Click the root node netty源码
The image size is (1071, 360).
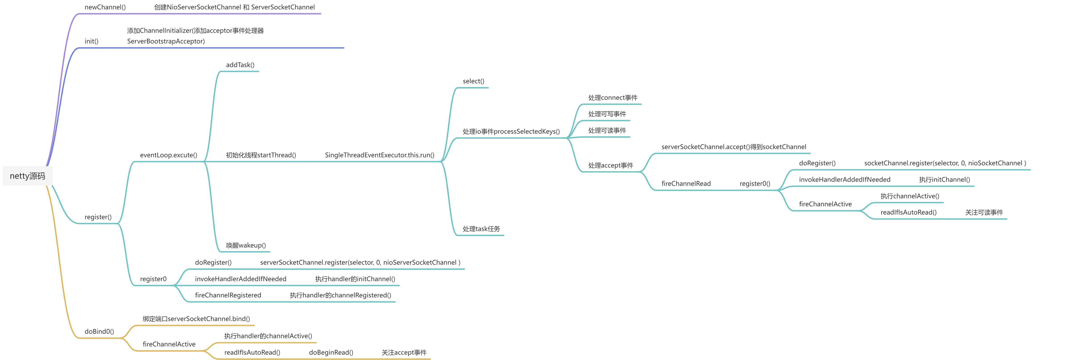(27, 176)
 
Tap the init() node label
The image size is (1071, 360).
(91, 41)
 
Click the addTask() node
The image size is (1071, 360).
(240, 65)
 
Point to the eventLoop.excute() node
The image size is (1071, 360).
(168, 155)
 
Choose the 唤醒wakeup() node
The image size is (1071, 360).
(246, 245)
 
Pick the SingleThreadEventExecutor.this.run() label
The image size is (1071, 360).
(379, 155)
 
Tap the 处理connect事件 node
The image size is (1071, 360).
(612, 98)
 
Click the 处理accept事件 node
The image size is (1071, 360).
(610, 166)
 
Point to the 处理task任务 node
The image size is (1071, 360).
(481, 229)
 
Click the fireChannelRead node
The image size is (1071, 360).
(686, 184)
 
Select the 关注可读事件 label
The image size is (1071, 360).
(984, 213)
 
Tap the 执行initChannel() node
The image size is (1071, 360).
(944, 180)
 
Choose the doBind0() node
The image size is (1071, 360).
(99, 331)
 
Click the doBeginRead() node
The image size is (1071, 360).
(331, 352)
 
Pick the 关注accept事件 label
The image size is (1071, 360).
(404, 352)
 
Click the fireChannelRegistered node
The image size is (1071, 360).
(228, 295)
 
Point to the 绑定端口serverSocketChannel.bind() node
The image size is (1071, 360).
(196, 319)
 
